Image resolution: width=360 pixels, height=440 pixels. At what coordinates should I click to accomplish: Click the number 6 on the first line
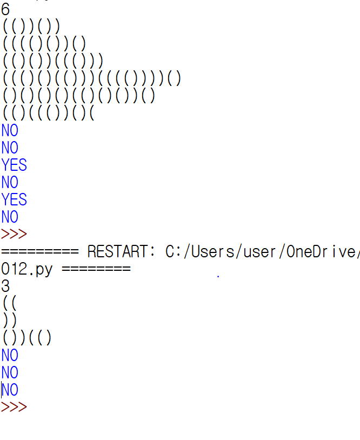5,10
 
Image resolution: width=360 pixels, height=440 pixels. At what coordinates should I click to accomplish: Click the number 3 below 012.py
5,286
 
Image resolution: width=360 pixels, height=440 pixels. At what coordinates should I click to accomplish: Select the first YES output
14,165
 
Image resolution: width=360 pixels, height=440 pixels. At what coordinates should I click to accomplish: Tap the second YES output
14,200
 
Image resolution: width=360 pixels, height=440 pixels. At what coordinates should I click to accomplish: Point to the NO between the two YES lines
10,183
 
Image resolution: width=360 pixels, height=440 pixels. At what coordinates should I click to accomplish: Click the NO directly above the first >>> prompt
10,217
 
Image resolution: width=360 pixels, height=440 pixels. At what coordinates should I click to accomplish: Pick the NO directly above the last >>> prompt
10,390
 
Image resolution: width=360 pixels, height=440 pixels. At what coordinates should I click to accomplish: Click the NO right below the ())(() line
10,355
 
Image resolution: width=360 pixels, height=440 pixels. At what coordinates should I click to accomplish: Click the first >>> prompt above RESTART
14,235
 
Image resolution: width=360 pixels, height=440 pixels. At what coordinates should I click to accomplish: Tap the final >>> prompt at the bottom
14,407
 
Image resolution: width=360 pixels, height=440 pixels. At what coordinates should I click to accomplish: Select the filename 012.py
26,269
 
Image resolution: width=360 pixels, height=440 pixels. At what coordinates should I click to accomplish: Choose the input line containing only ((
10,304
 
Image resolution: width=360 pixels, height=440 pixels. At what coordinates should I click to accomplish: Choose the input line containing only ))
10,321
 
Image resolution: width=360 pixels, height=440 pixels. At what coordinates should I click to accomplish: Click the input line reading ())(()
27,338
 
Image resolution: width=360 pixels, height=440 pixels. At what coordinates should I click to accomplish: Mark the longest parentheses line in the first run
92,79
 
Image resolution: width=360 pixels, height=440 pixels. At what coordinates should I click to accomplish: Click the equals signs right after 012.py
96,269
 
